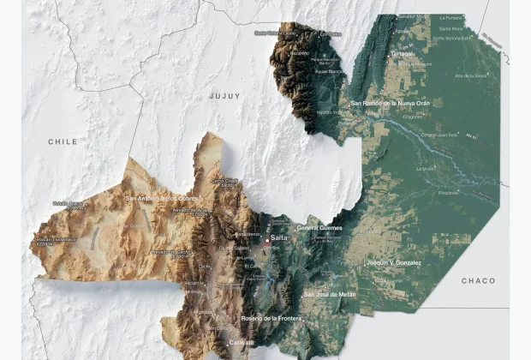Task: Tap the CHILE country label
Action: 63,141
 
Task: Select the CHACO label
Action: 478,280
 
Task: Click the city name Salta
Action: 278,237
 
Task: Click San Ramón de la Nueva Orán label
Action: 390,103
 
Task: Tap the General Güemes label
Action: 319,228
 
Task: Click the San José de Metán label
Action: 330,294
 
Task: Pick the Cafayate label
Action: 241,343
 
